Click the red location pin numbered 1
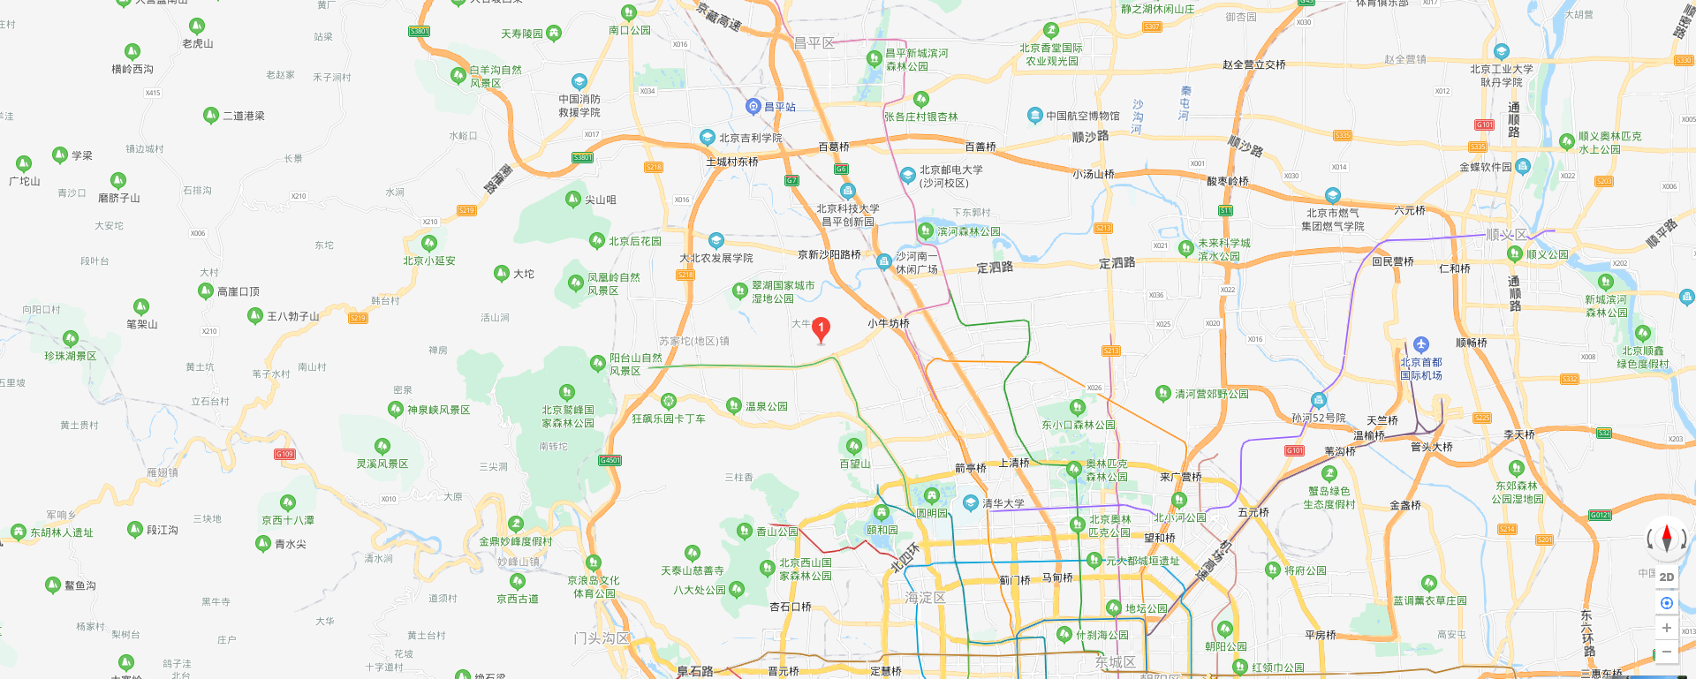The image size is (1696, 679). tap(821, 329)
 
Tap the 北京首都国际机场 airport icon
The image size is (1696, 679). tap(1420, 345)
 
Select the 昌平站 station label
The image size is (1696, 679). tap(779, 107)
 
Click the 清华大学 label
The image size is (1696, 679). tap(1003, 503)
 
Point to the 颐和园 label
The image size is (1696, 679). tap(882, 530)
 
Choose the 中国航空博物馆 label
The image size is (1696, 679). tap(1082, 116)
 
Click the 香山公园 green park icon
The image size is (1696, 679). tap(745, 531)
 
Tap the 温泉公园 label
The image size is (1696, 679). tap(766, 406)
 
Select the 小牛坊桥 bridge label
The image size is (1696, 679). tap(888, 323)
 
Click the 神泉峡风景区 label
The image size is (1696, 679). tap(438, 410)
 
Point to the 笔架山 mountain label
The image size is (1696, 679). tap(141, 324)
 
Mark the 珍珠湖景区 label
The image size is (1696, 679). tap(71, 356)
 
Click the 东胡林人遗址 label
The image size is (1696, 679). tap(62, 532)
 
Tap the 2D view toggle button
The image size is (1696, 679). tap(1666, 577)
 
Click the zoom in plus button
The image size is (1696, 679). tap(1666, 628)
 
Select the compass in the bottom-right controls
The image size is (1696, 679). tap(1666, 538)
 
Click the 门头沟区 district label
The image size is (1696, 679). tap(602, 638)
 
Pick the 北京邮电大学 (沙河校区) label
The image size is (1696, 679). tap(950, 176)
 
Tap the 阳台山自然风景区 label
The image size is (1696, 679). tap(635, 364)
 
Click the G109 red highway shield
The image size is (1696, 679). tap(284, 454)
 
